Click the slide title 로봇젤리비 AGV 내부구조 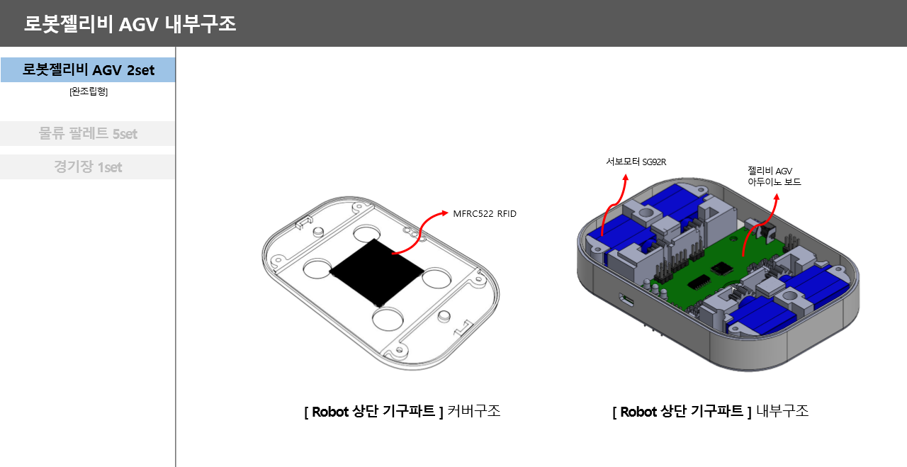pyautogui.click(x=130, y=24)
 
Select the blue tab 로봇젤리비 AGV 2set pyautogui.click(x=88, y=69)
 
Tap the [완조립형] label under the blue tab pyautogui.click(x=89, y=91)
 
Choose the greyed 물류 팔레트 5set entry pyautogui.click(x=88, y=133)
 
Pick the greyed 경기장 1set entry pyautogui.click(x=88, y=167)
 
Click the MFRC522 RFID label pyautogui.click(x=485, y=213)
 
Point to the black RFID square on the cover pyautogui.click(x=376, y=272)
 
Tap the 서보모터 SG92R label pyautogui.click(x=636, y=162)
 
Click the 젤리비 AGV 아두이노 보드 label pyautogui.click(x=774, y=176)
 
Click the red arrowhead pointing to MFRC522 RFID pyautogui.click(x=445, y=213)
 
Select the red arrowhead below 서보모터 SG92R pyautogui.click(x=626, y=177)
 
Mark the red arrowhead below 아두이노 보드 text pyautogui.click(x=777, y=197)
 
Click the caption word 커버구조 pyautogui.click(x=474, y=411)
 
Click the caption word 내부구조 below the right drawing pyautogui.click(x=782, y=411)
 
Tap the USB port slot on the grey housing pyautogui.click(x=626, y=300)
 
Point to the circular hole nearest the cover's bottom pyautogui.click(x=388, y=319)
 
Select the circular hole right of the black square pyautogui.click(x=436, y=278)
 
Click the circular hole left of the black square pyautogui.click(x=317, y=268)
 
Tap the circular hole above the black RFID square pyautogui.click(x=367, y=234)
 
